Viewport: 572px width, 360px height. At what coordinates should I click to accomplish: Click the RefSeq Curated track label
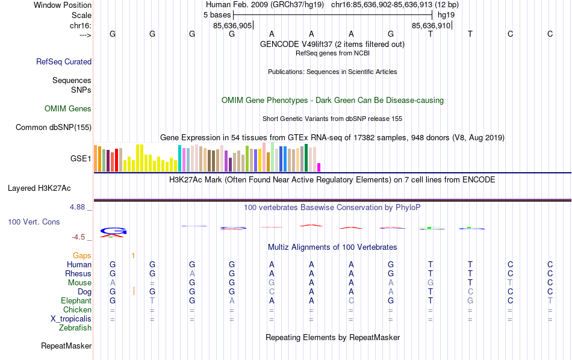click(64, 61)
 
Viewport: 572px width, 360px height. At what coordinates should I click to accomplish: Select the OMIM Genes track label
click(68, 109)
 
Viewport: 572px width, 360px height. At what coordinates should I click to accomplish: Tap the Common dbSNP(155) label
click(54, 127)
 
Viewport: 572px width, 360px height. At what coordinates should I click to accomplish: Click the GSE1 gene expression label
click(81, 159)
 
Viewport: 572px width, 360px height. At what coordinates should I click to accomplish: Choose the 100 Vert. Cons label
click(34, 222)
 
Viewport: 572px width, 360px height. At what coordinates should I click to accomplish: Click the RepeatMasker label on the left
click(66, 346)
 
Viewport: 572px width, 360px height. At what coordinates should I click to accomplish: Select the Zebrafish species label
click(75, 328)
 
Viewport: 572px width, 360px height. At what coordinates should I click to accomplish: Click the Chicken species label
click(77, 310)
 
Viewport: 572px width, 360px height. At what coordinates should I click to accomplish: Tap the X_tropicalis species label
click(71, 319)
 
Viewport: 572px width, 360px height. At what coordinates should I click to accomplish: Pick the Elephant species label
click(76, 301)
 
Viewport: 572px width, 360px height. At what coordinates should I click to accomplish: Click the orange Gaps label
click(82, 255)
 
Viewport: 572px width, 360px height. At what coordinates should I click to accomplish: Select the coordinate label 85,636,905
click(232, 26)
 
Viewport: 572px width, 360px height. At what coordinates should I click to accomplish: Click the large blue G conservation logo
click(113, 231)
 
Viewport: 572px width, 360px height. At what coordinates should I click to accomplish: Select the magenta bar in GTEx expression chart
click(319, 167)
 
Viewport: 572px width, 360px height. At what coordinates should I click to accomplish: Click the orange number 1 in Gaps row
click(133, 255)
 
